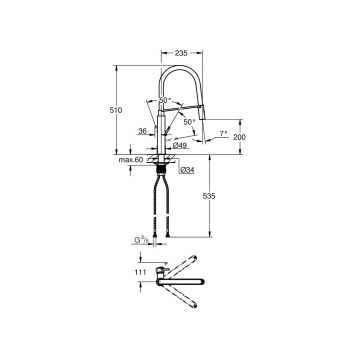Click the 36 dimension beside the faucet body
(143, 130)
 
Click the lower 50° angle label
(188, 121)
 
